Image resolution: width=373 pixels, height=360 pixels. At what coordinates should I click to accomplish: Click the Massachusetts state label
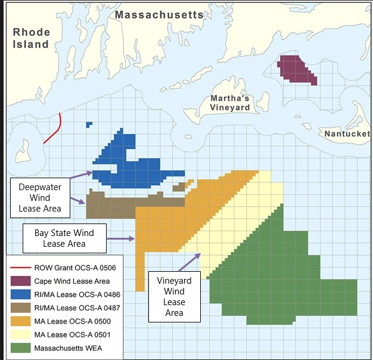point(159,15)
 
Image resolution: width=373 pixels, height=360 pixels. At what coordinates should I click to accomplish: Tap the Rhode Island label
point(31,38)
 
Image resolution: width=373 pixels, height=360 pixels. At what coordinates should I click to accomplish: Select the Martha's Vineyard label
point(229,103)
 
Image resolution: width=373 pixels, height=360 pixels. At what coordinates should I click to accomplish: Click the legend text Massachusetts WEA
point(72,347)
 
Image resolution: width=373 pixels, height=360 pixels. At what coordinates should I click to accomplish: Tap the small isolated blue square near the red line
point(89,125)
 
